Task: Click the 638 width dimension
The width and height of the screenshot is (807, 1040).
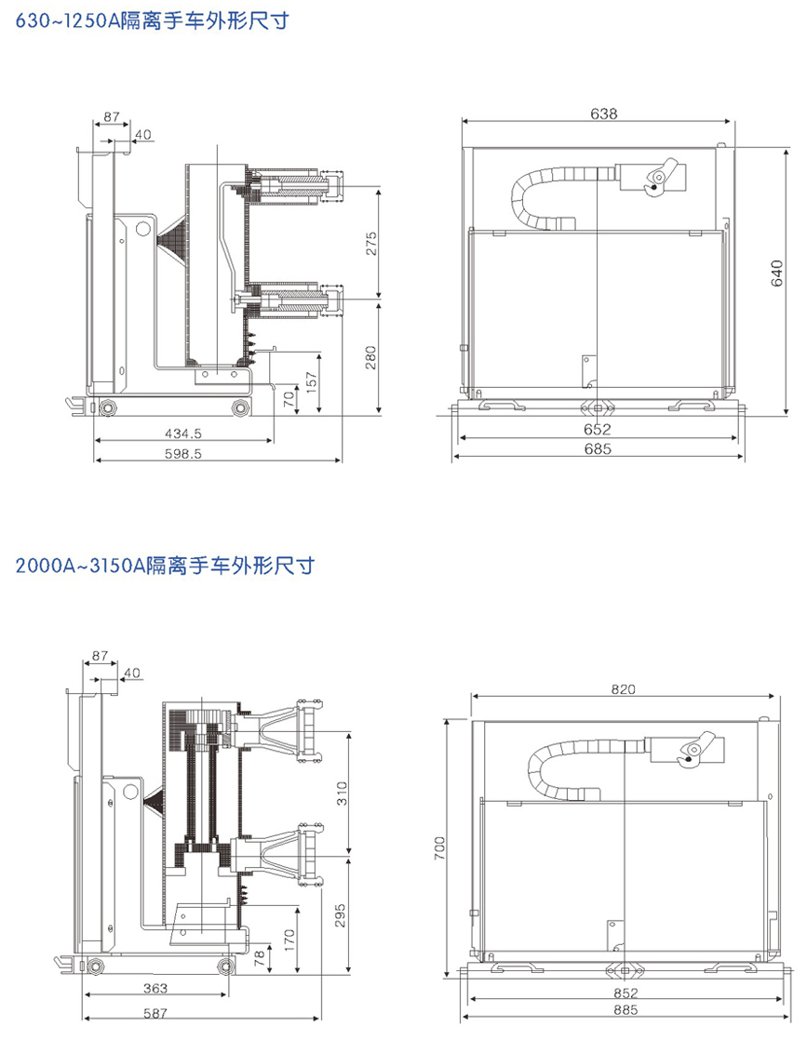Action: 603,113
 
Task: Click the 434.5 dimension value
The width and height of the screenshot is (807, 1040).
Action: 183,433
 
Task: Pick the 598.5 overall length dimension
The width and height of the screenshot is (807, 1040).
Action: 183,453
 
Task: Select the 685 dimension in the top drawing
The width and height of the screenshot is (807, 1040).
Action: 598,449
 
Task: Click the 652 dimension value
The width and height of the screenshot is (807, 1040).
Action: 598,429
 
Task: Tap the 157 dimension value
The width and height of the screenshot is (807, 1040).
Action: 312,383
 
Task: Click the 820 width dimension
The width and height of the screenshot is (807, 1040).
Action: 623,688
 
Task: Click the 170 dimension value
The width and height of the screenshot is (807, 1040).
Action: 289,938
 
